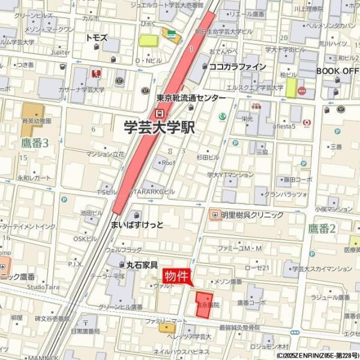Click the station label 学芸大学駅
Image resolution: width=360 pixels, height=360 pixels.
(x=159, y=127)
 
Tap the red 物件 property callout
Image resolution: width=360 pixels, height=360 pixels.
(x=176, y=276)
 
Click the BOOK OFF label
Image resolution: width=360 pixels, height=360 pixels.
(x=337, y=70)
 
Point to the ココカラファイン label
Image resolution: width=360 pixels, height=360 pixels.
(x=237, y=67)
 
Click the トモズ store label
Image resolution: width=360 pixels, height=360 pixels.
(x=97, y=37)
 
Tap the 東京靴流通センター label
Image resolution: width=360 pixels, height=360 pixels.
(x=191, y=98)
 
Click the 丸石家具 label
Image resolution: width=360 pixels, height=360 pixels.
(x=142, y=264)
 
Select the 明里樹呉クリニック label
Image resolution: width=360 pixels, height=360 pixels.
(x=252, y=214)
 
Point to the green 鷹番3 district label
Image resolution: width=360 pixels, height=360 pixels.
(x=34, y=142)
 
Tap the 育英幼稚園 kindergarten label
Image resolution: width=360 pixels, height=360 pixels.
(x=35, y=121)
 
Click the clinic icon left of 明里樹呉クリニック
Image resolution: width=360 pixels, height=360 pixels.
(x=214, y=214)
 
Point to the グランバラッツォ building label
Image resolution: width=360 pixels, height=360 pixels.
(x=284, y=194)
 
